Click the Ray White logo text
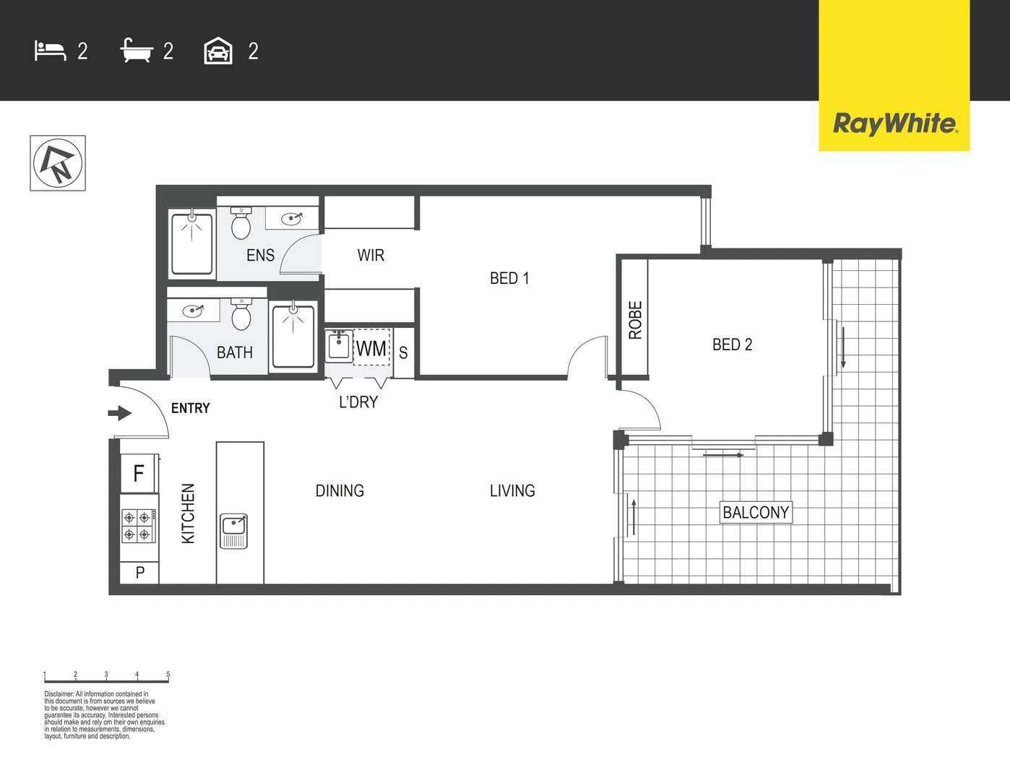[894, 124]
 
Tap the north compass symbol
[58, 163]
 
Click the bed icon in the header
[50, 51]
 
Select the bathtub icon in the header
[137, 50]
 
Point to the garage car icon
[218, 51]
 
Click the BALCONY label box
[756, 512]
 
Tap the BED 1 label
[509, 278]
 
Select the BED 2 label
[732, 344]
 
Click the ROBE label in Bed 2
[635, 320]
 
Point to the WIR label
[371, 255]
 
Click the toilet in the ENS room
[241, 223]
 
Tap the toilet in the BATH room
[241, 314]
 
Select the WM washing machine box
[371, 347]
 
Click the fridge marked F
[139, 473]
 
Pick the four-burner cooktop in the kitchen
[139, 526]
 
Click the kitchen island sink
[233, 531]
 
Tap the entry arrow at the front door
[120, 412]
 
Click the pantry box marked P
[139, 572]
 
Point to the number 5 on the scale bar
[168, 674]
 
